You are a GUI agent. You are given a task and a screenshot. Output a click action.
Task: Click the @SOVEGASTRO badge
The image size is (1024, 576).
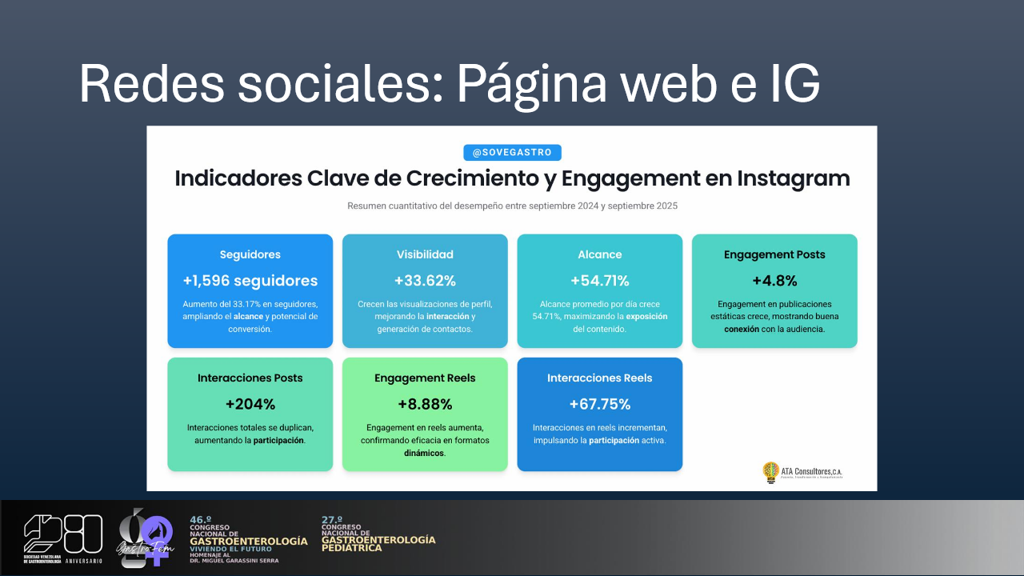click(512, 152)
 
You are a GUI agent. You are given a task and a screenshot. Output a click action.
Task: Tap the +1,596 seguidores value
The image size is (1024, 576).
click(250, 281)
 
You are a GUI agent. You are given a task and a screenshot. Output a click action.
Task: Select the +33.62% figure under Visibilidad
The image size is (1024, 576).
click(425, 281)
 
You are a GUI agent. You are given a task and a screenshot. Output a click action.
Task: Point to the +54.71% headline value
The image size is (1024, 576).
click(599, 281)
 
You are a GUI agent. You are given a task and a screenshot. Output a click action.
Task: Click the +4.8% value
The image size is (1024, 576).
click(774, 281)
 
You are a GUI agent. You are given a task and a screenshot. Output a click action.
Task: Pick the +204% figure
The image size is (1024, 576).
click(250, 404)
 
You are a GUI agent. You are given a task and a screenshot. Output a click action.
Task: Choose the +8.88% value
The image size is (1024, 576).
click(425, 404)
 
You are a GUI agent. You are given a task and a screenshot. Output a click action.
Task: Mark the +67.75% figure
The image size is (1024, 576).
click(599, 404)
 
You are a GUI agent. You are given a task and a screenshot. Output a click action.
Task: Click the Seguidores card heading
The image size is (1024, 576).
click(250, 254)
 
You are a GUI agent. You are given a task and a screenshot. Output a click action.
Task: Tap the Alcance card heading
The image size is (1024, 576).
click(599, 254)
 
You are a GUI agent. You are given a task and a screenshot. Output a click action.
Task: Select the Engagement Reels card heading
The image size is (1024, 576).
click(425, 378)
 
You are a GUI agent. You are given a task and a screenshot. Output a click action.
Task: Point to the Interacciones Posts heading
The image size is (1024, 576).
click(250, 378)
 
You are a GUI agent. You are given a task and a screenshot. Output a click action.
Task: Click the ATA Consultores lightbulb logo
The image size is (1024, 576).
click(770, 472)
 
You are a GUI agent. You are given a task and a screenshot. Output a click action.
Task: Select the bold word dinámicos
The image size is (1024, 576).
click(424, 453)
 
